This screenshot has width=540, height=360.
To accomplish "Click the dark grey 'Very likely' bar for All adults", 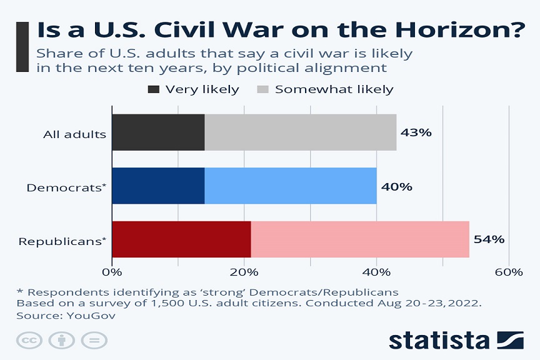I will coord(158,132).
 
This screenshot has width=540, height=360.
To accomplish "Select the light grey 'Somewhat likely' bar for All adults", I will coord(301,132).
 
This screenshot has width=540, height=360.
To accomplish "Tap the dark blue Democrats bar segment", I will coord(158,186).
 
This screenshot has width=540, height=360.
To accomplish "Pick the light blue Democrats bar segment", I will coord(291,186).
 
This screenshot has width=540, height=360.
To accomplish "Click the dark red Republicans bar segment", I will coord(181,239).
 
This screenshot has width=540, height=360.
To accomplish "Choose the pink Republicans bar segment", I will coord(360,239).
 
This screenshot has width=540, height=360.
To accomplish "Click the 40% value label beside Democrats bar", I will coord(397,186).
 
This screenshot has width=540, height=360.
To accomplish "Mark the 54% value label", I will coord(489,239).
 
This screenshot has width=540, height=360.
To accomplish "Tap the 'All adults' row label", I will coord(74,134).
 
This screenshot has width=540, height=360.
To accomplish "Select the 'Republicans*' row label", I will coord(62,241).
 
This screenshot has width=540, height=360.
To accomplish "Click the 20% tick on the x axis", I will coord(244,272).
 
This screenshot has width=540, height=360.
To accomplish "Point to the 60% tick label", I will coord(509,272).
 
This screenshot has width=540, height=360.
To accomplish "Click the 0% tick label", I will coord(112,272).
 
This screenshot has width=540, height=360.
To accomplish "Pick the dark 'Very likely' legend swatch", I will coord(153,89).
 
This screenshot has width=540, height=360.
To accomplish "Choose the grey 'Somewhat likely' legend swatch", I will coord(262,89).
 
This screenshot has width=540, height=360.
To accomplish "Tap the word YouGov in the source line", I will coord(95,316).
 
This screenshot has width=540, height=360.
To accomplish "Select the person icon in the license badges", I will coord(61,341).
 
